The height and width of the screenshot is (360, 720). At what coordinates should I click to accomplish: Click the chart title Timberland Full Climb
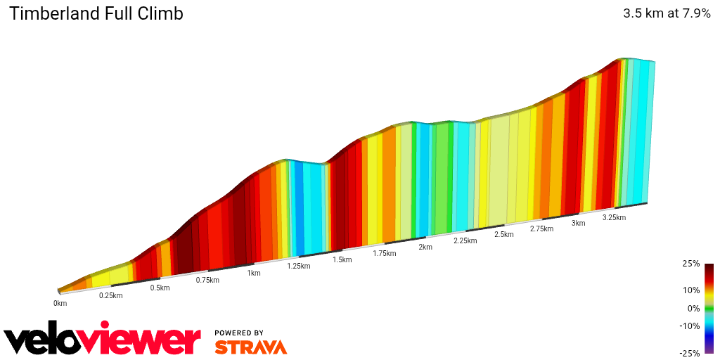96,13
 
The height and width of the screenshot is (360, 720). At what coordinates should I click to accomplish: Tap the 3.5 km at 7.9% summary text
667,13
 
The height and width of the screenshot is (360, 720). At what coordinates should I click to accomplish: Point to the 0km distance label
60,303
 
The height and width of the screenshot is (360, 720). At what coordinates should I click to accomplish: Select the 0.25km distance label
110,295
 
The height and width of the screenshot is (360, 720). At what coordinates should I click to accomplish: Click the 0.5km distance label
160,288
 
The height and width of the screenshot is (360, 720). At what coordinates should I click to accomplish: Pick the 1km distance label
254,273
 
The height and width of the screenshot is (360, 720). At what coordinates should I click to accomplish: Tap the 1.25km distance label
298,266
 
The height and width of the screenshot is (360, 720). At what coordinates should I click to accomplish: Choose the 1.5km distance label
342,259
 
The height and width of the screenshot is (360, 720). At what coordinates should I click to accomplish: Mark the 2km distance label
425,247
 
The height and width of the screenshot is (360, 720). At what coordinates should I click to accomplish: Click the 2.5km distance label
504,234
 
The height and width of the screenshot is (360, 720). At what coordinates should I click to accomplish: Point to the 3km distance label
578,223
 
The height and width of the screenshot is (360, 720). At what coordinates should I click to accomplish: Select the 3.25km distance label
614,217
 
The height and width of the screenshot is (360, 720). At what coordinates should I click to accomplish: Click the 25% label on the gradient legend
690,264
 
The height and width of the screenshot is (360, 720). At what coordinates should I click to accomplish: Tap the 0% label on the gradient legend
693,308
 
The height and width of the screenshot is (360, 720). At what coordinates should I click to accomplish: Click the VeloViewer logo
103,340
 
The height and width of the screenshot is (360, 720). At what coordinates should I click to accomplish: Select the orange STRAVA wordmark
250,347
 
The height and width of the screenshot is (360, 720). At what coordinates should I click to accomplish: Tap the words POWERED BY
239,333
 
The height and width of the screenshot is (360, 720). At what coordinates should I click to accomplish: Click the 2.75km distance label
541,229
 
